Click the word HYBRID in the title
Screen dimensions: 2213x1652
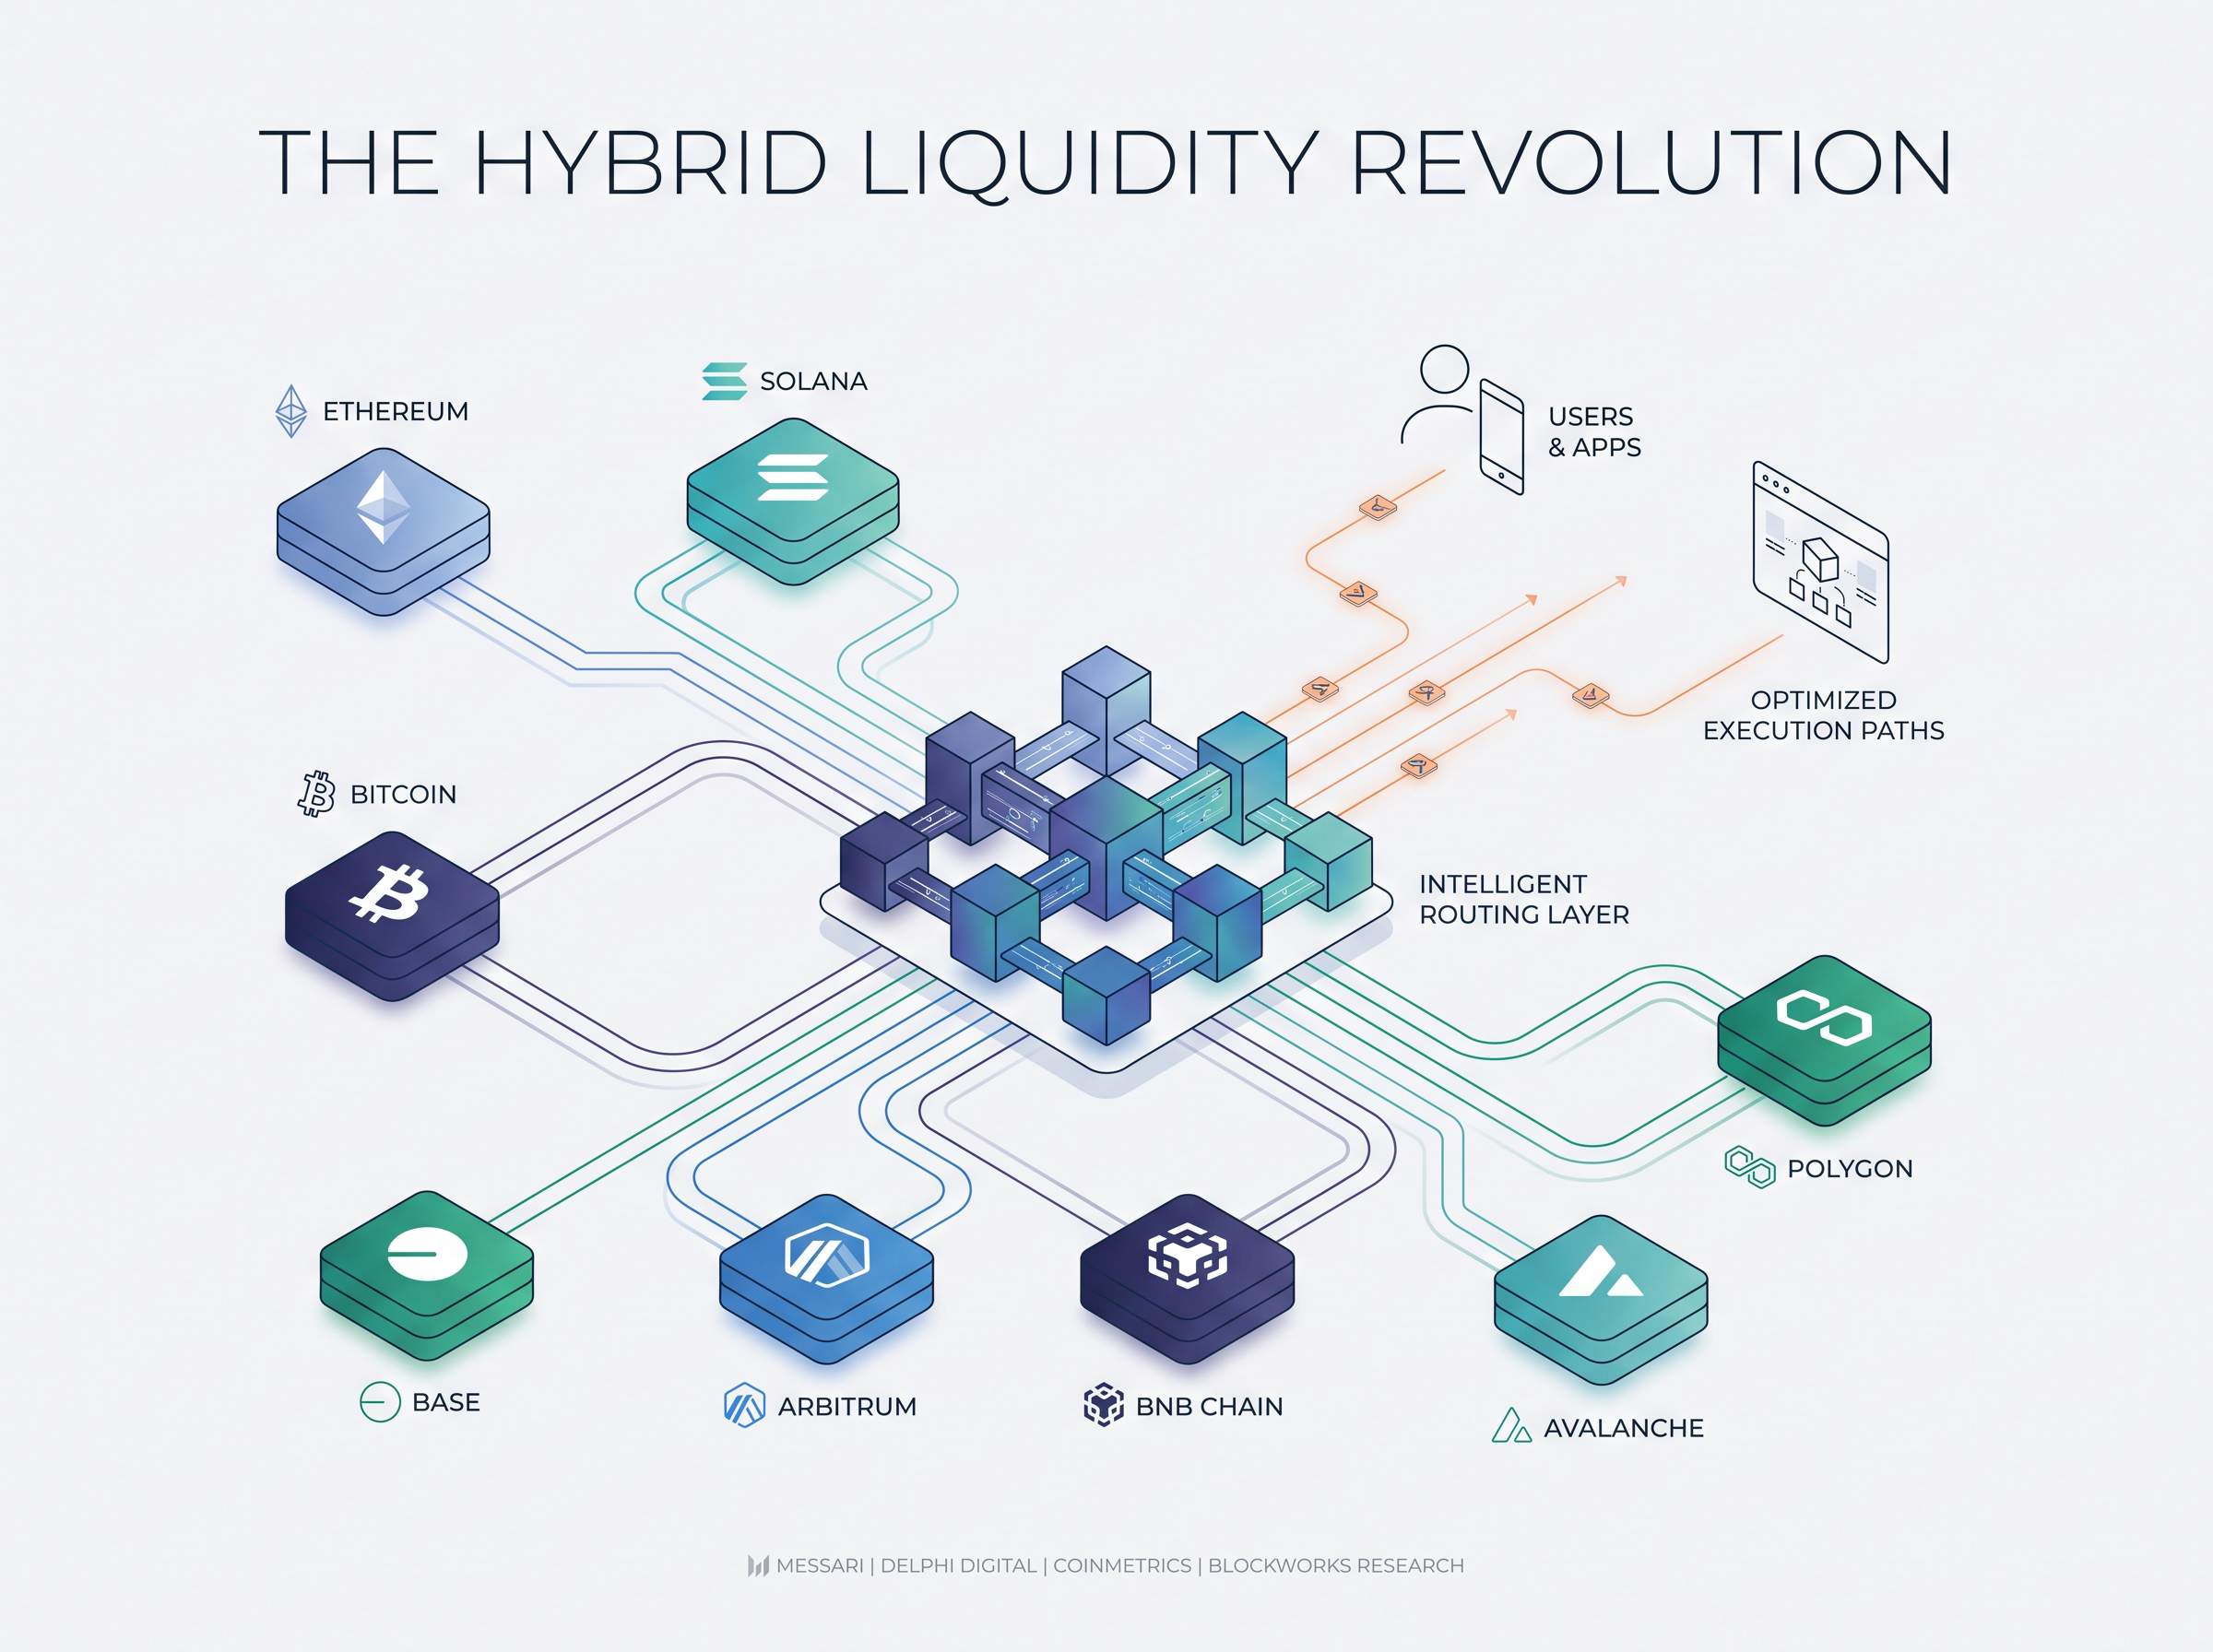(x=650, y=163)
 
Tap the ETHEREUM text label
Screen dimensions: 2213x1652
(x=395, y=411)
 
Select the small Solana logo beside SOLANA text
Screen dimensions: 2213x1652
(x=724, y=381)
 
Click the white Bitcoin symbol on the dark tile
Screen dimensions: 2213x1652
(x=389, y=892)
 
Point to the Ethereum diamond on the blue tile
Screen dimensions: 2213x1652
(x=384, y=507)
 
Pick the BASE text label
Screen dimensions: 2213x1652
(x=446, y=1402)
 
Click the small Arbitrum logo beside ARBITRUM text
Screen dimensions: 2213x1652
(x=744, y=1405)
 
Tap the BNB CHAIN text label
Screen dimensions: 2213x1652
(x=1209, y=1406)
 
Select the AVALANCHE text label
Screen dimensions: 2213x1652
(x=1623, y=1428)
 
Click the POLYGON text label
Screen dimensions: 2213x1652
(x=1849, y=1168)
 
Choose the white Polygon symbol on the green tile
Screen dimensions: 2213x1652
(x=1824, y=1018)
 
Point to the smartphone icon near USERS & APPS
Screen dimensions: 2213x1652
(x=1501, y=436)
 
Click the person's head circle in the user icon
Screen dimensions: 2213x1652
(x=1444, y=368)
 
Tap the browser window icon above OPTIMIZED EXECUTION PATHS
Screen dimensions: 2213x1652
(x=1820, y=561)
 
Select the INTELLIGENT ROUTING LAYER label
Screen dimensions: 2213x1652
(x=1524, y=899)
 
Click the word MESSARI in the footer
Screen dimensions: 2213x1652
(x=819, y=1565)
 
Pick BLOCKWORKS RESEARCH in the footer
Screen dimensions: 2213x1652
(x=1336, y=1565)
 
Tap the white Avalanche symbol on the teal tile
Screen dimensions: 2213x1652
(x=1600, y=1272)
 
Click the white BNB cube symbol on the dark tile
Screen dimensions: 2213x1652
(x=1187, y=1254)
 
